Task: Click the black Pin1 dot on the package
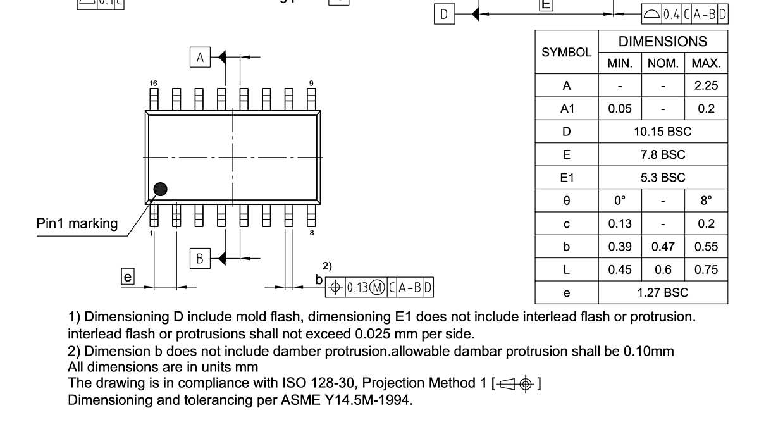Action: [x=161, y=189]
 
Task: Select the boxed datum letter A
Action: [x=201, y=58]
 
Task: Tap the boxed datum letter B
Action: [x=201, y=258]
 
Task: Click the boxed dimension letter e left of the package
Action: [x=128, y=276]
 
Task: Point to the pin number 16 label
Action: [x=152, y=83]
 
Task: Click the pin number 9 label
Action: [x=311, y=83]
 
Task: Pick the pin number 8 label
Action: [x=311, y=233]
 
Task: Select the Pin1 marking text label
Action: [x=77, y=223]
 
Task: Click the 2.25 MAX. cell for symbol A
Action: [x=706, y=86]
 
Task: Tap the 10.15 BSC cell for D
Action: [x=663, y=132]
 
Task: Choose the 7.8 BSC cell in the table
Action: [x=663, y=154]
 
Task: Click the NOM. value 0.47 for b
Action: [x=663, y=247]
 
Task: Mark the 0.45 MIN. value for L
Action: [x=620, y=269]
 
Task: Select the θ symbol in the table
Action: [x=567, y=201]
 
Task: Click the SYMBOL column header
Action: [x=567, y=53]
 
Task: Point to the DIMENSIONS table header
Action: [x=663, y=42]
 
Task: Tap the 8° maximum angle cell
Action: [x=706, y=201]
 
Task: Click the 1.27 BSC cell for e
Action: [x=663, y=292]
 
